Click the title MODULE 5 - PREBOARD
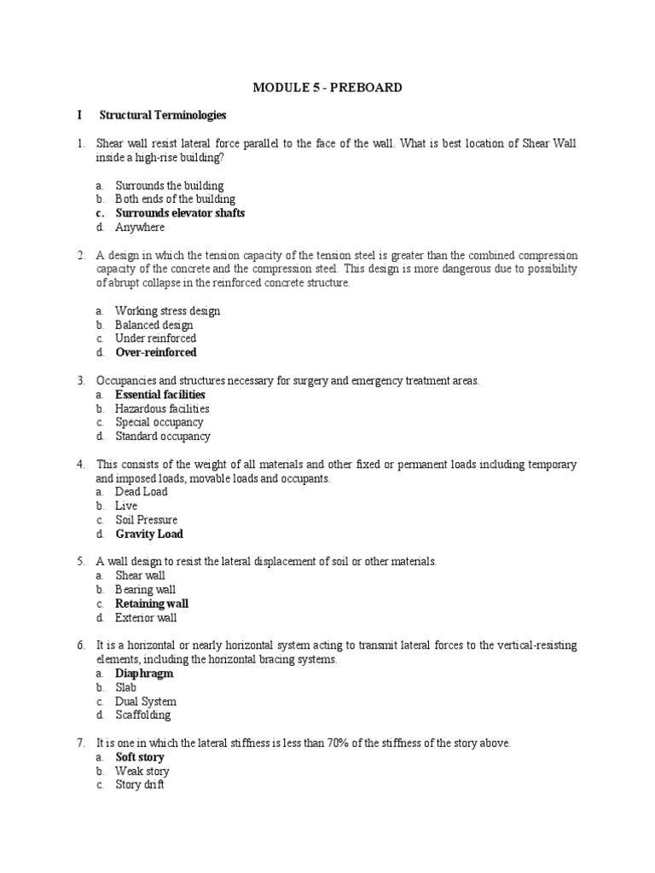327,87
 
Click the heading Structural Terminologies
162,114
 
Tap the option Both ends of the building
175,199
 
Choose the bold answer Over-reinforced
155,352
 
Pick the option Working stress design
167,311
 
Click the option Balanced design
154,325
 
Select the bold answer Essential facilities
160,395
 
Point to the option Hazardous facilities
162,408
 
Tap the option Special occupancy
159,422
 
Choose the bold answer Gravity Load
149,534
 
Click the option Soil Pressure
147,519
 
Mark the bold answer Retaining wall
152,604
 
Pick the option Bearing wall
146,589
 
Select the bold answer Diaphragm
144,674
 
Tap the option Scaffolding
142,714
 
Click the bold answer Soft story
140,757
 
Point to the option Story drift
140,784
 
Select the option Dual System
146,701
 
